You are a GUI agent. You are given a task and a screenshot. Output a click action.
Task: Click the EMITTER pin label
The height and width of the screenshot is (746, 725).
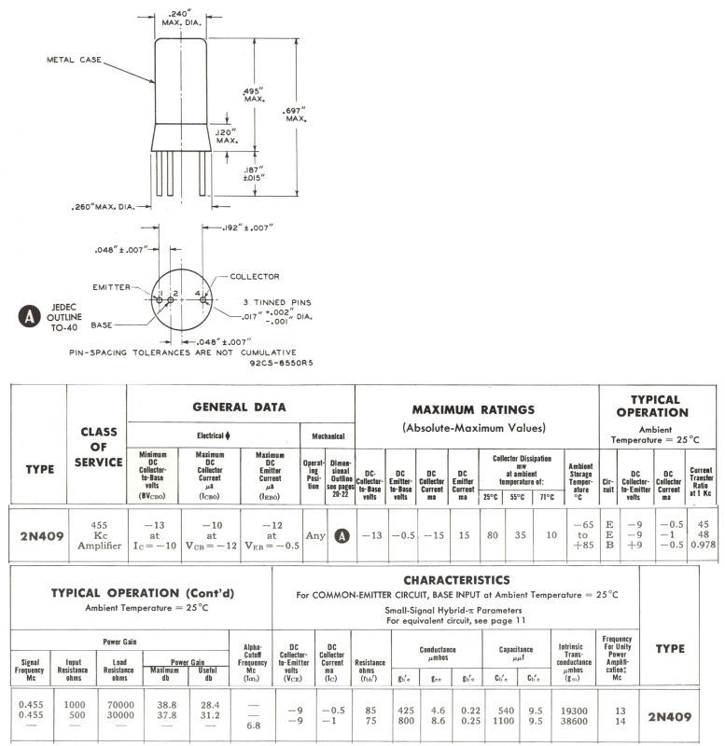113,286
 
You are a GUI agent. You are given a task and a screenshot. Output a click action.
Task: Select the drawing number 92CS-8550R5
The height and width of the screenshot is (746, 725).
283,364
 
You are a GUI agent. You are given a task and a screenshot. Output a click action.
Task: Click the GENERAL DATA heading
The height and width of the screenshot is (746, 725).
239,407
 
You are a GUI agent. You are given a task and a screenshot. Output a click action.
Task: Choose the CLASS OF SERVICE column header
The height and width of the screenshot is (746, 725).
97,447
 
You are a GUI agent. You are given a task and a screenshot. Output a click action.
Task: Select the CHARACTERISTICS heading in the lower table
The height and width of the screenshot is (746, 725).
482,579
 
